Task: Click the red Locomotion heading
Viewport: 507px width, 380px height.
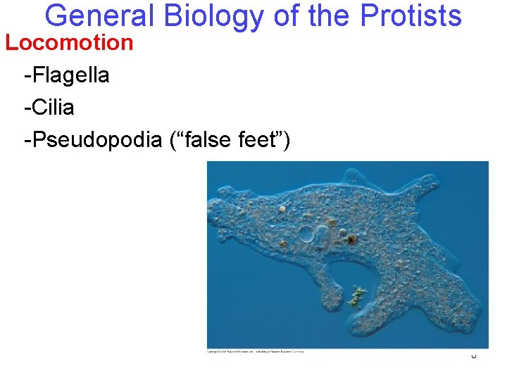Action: coord(69,43)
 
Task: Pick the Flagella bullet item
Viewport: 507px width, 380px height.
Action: coord(66,75)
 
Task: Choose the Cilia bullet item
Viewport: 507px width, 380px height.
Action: coord(49,108)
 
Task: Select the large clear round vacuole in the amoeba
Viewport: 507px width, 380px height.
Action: coord(307,234)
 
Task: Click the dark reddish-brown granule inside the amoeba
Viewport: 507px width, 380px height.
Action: coord(351,240)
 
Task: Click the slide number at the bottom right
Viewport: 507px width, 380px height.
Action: coord(473,356)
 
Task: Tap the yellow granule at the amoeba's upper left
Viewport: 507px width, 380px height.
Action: coord(282,209)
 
